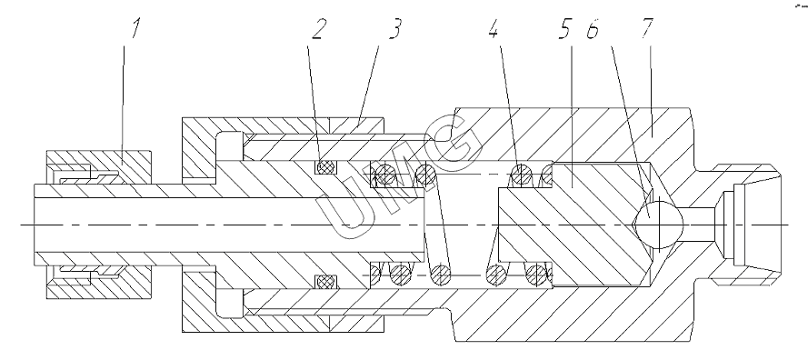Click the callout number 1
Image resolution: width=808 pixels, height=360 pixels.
(x=135, y=29)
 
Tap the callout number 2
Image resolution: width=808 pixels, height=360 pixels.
(x=318, y=30)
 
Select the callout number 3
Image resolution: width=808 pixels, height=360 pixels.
(x=394, y=30)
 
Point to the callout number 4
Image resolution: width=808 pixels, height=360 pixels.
(x=494, y=30)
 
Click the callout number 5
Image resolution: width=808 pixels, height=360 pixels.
(x=564, y=30)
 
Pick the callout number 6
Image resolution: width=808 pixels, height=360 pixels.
(x=593, y=30)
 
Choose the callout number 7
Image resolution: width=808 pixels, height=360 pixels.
(x=647, y=29)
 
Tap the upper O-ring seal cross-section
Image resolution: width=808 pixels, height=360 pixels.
(x=325, y=167)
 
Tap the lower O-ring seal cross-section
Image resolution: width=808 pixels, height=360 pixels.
(x=325, y=282)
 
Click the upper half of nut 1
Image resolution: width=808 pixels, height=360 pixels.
(x=99, y=167)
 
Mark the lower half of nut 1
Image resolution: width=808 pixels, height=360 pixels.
(x=99, y=282)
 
